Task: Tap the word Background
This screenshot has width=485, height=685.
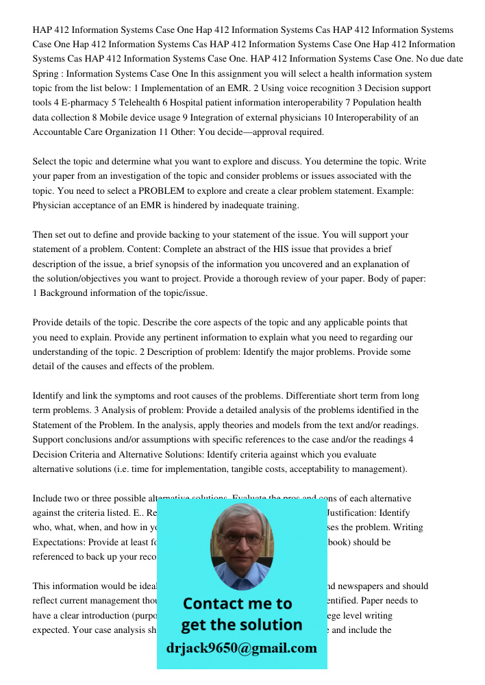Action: tap(66, 293)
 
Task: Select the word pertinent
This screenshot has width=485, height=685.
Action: tap(151, 337)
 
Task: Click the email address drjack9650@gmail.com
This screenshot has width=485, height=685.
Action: tap(241, 648)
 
